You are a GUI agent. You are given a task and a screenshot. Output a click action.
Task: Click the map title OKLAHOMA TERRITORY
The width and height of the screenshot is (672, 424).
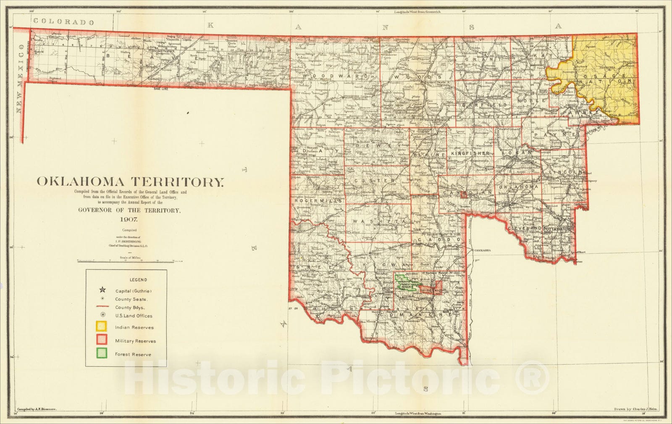click(130, 182)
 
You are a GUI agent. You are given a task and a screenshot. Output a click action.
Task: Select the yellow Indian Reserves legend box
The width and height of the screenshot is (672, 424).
click(101, 327)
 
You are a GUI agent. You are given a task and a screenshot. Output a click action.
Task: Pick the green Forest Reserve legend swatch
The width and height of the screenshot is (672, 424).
click(101, 354)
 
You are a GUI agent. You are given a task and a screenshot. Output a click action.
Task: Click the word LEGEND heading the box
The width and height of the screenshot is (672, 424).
click(138, 280)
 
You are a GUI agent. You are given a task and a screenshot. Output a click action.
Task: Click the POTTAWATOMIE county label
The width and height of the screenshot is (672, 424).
click(559, 229)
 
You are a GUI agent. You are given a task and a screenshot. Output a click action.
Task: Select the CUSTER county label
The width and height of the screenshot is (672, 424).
click(381, 181)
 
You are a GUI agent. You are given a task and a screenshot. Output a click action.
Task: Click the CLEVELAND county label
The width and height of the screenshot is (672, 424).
click(524, 228)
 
